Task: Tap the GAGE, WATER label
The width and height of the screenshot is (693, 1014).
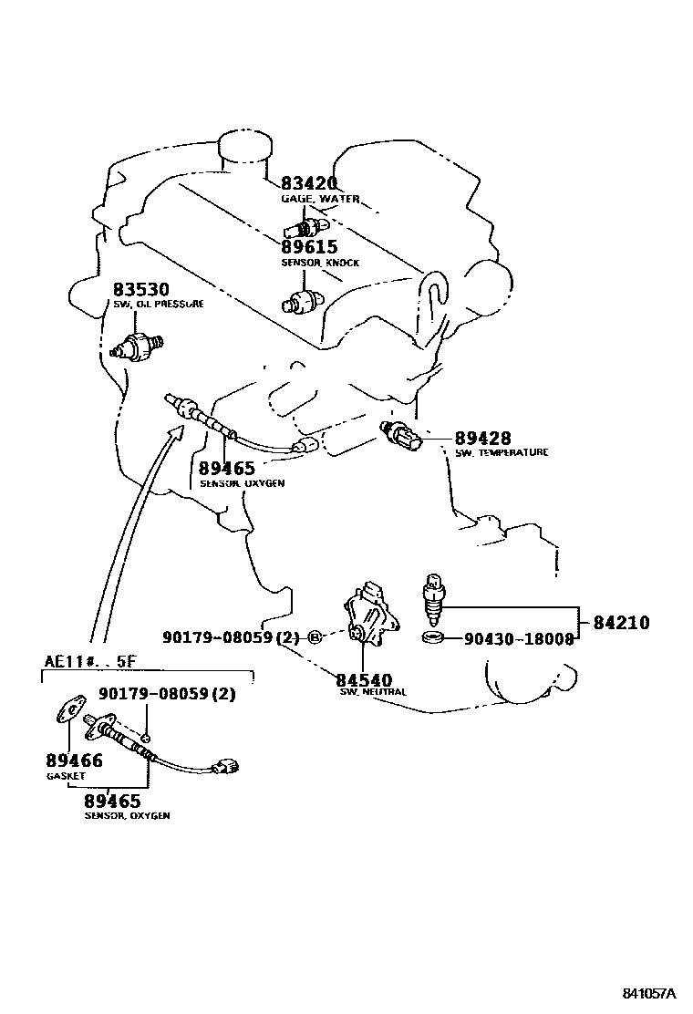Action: click(x=319, y=199)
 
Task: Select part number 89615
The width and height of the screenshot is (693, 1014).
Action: click(x=308, y=247)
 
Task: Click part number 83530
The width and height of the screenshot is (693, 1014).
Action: click(x=140, y=289)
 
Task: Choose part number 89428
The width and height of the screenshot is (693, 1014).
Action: click(x=482, y=439)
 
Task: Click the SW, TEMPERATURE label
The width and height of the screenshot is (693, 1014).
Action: click(x=502, y=453)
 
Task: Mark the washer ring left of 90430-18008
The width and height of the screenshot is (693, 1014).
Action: click(x=435, y=636)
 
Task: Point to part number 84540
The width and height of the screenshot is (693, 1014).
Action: click(x=363, y=679)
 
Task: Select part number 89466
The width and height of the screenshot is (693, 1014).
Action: click(x=73, y=760)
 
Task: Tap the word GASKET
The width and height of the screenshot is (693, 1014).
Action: click(x=65, y=776)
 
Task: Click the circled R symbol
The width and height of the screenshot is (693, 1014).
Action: click(x=314, y=636)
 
